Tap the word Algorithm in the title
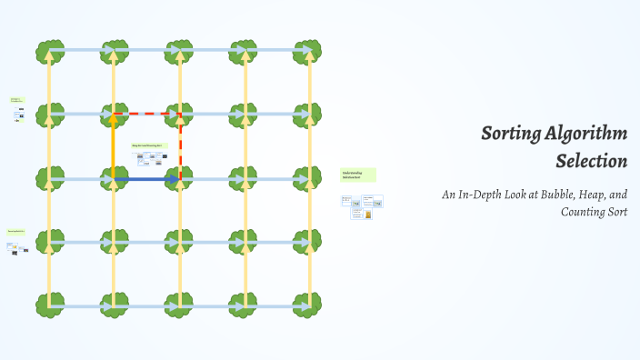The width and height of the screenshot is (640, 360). [586, 135]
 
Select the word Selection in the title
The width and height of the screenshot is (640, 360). [592, 162]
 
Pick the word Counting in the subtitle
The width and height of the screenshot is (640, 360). [584, 212]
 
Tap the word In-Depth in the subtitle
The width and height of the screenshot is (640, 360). [480, 195]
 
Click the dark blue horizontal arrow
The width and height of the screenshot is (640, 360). [145, 180]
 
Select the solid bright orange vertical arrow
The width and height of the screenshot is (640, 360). [114, 145]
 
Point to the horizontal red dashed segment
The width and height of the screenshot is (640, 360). [145, 115]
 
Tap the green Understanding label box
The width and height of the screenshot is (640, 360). [357, 175]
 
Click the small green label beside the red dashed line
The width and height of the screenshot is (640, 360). [148, 145]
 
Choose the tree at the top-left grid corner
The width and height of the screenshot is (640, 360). [50, 51]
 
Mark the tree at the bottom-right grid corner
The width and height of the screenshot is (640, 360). [307, 305]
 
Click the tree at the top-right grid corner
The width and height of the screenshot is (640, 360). [307, 51]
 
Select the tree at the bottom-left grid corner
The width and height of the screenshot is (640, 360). [50, 305]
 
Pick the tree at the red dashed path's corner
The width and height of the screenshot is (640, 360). [180, 115]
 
